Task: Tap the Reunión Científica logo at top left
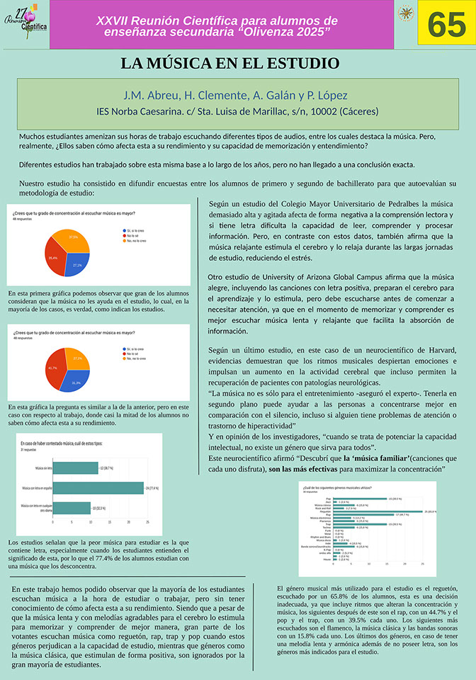pyautogui.click(x=25, y=24)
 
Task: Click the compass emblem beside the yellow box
pyautogui.click(x=406, y=13)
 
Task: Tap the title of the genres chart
pyautogui.click(x=338, y=489)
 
